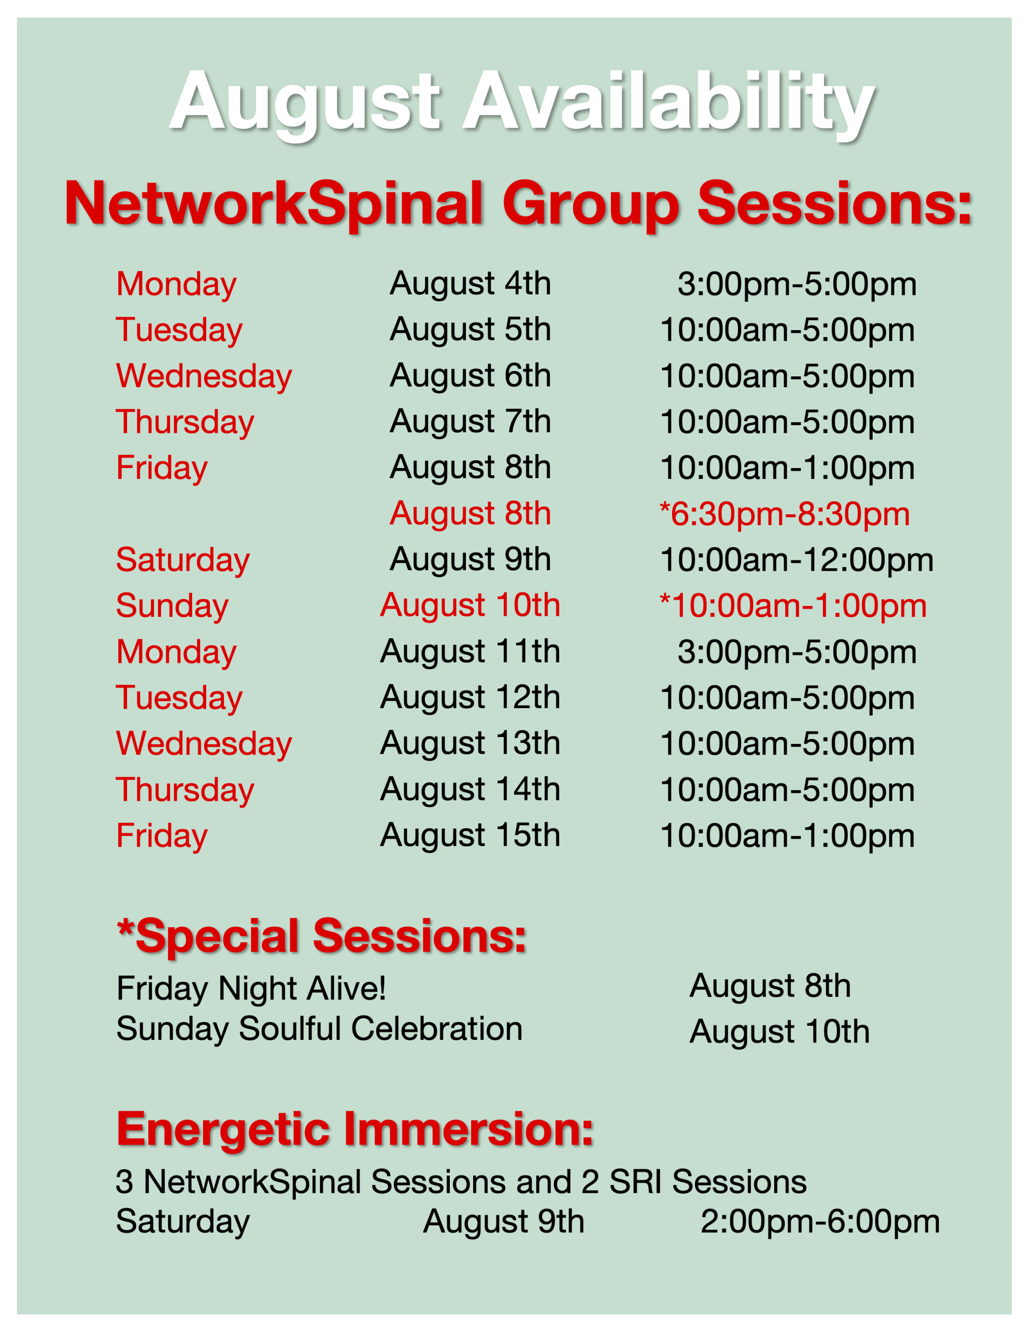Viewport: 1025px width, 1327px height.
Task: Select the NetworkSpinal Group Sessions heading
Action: tap(518, 204)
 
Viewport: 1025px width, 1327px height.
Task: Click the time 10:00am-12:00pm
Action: tap(796, 560)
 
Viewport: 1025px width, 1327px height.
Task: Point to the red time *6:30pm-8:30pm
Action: tap(785, 514)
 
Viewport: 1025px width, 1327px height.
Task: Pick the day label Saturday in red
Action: tap(183, 560)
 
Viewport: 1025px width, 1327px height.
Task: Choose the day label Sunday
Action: tap(173, 606)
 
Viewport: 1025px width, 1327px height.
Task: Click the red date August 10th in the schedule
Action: tap(471, 606)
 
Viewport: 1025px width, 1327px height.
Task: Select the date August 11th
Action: tap(471, 652)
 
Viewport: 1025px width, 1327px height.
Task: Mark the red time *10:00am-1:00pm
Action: tap(793, 606)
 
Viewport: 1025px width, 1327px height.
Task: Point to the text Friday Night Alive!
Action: tap(251, 988)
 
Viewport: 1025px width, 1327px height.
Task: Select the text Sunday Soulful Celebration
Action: tap(320, 1028)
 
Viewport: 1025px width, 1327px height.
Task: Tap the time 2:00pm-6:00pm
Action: tap(820, 1222)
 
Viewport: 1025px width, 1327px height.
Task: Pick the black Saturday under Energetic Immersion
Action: tap(183, 1222)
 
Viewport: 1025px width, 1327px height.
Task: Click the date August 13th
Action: tap(471, 744)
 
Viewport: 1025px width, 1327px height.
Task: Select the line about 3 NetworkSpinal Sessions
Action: tap(461, 1182)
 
